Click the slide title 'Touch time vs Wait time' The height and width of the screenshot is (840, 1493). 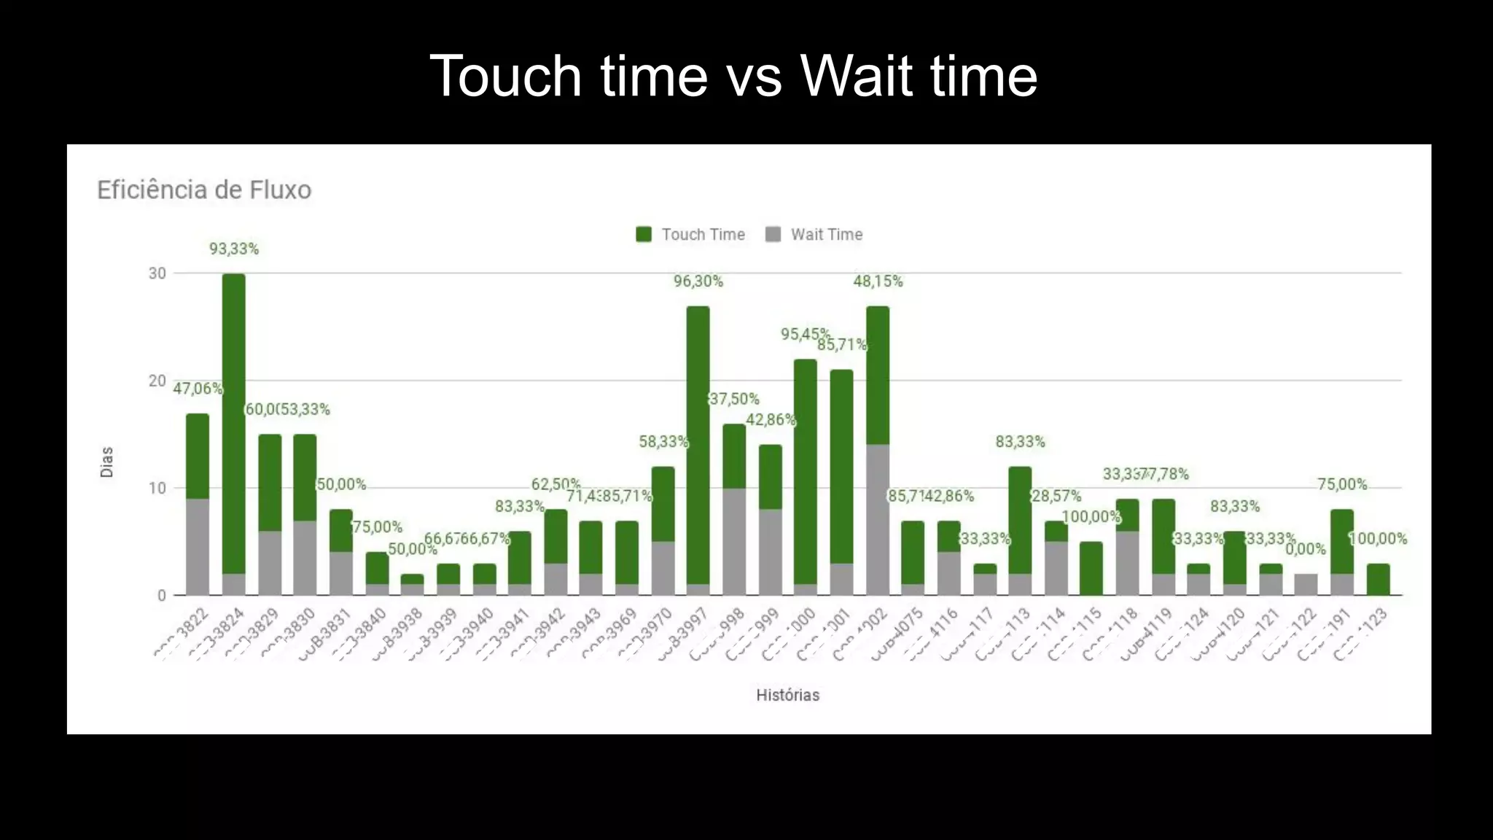(733, 76)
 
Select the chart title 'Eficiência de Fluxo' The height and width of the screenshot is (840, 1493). (204, 190)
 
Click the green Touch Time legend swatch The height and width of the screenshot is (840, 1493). (643, 234)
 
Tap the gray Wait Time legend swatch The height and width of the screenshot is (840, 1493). (773, 234)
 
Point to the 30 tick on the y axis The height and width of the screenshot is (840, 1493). (157, 273)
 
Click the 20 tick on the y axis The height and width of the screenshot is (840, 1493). (157, 381)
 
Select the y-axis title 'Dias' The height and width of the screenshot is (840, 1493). (107, 462)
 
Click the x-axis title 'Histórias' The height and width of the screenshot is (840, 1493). (787, 695)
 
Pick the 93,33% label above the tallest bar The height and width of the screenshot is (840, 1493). (234, 249)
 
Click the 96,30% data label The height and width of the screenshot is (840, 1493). (698, 281)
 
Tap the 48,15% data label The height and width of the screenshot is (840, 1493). (878, 281)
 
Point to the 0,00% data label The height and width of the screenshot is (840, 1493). (1305, 549)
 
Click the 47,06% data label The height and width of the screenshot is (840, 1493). (198, 389)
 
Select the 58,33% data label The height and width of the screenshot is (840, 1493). (663, 442)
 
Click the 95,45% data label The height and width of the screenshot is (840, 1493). (805, 335)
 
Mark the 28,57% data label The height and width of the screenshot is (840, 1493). (1056, 497)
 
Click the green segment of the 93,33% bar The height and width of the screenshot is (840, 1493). (234, 423)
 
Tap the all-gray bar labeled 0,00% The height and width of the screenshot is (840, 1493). (1306, 584)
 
